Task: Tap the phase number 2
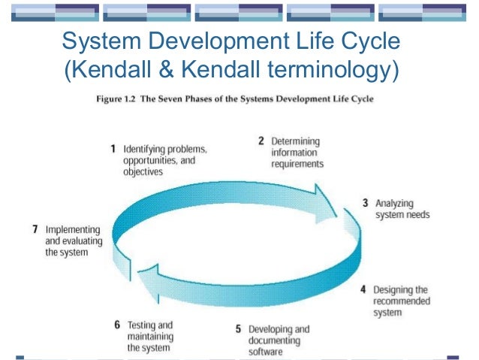coord(261,141)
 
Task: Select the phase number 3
coord(365,203)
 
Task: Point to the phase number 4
coord(363,289)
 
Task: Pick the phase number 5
coord(238,329)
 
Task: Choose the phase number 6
coord(117,325)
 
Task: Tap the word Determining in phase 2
coord(294,141)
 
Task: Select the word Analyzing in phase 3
coord(394,204)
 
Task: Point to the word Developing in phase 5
coord(270,329)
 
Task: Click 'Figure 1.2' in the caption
coord(119,98)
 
